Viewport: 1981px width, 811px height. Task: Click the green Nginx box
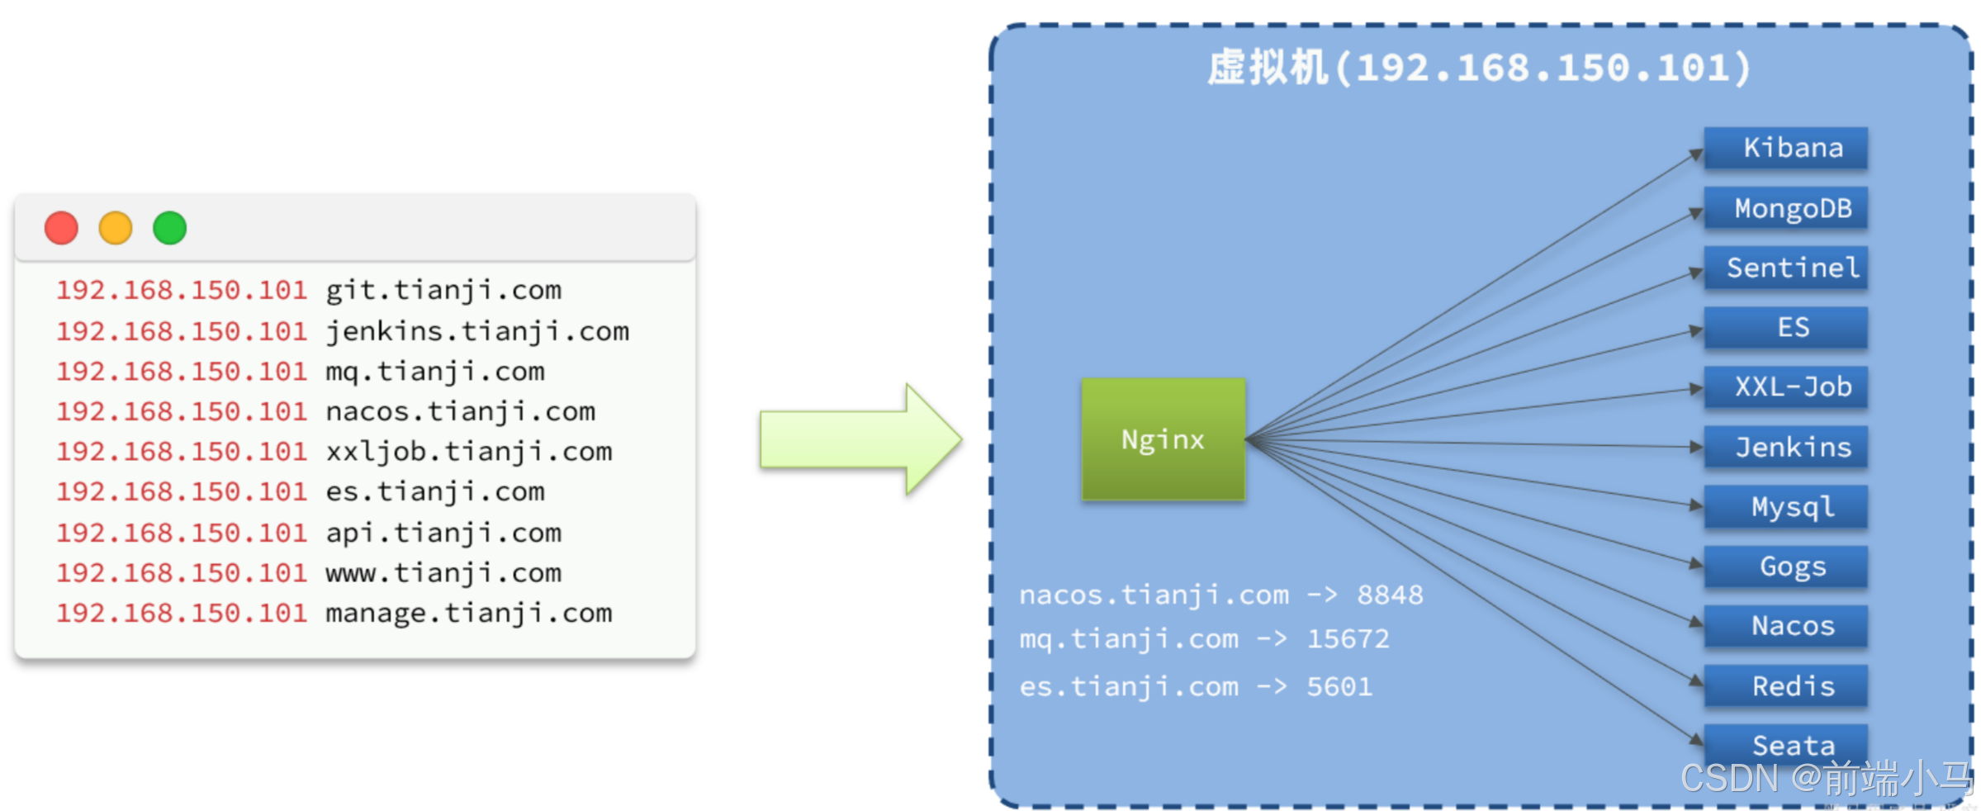pos(1163,439)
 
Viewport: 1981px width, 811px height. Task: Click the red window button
pos(61,228)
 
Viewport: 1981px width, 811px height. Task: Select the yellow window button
pos(116,228)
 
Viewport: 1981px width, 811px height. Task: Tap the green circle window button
pos(170,228)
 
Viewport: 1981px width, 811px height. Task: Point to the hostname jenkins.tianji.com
pos(477,331)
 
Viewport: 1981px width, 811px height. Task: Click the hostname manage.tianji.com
pos(469,613)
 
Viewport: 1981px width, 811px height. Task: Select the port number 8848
pos(1390,595)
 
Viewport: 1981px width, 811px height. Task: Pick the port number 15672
pos(1348,638)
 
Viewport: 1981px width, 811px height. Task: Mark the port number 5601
pos(1339,686)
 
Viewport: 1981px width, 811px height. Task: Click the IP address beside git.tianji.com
pos(181,291)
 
